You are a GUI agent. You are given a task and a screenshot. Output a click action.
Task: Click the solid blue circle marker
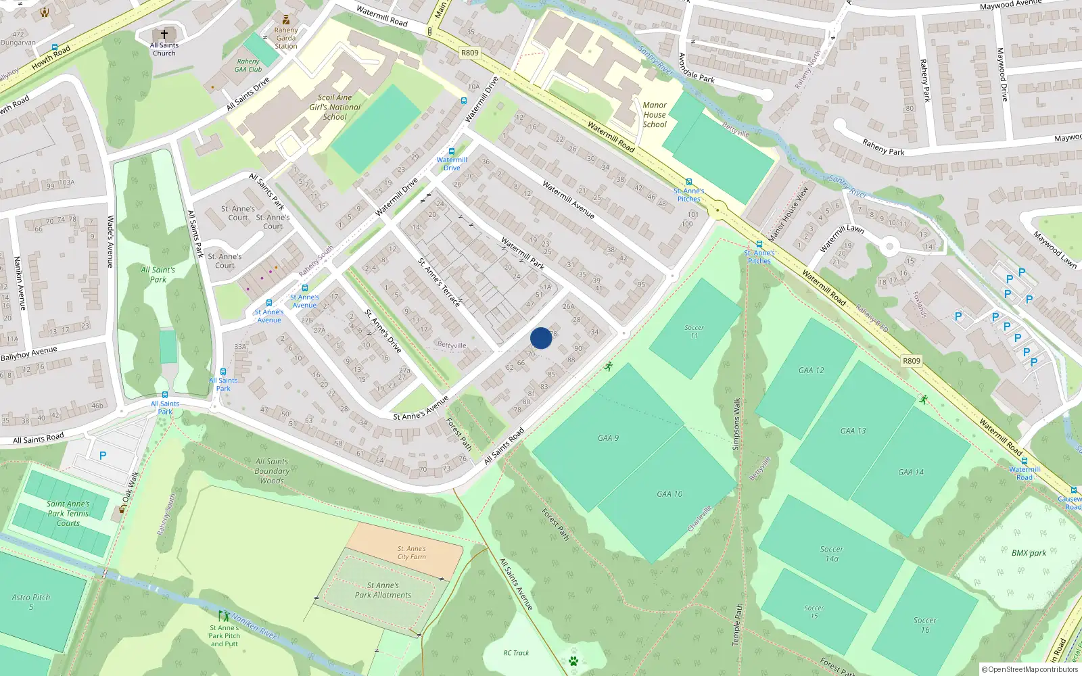(x=541, y=338)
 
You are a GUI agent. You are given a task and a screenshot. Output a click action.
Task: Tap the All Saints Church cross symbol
(x=164, y=34)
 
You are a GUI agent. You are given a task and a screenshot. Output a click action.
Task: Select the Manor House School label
(x=655, y=115)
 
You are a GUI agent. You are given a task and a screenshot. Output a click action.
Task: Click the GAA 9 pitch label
(x=608, y=438)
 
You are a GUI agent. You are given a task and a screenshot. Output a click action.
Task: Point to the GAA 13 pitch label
(x=853, y=431)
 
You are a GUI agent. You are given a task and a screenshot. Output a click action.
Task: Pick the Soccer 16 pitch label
(x=924, y=625)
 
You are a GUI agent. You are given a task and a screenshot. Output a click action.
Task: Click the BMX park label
(x=1029, y=553)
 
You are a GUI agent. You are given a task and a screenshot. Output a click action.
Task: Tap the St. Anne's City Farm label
(x=412, y=553)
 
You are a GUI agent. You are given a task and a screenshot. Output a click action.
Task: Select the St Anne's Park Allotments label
(x=383, y=590)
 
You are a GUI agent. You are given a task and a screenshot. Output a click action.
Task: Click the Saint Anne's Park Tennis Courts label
(x=68, y=513)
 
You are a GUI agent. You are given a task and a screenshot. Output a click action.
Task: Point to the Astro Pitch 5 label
(x=31, y=602)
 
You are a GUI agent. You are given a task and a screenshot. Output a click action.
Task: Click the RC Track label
(x=516, y=653)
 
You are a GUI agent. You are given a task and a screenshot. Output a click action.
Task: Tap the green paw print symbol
(x=573, y=660)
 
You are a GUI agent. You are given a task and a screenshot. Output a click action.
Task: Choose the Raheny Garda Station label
(x=286, y=38)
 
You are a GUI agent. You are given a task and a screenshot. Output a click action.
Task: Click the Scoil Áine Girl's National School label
(x=335, y=107)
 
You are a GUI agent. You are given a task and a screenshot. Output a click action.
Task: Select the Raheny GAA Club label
(x=248, y=65)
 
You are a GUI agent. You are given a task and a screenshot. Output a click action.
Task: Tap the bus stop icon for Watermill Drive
(x=452, y=151)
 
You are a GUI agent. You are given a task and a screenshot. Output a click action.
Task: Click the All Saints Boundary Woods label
(x=272, y=471)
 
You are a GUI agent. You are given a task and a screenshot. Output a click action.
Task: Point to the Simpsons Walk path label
(x=736, y=424)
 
